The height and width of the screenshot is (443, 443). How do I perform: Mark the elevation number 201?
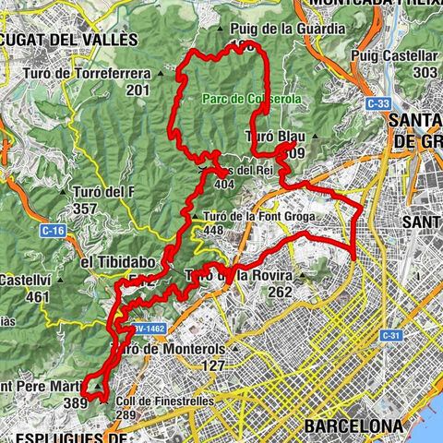[x=138, y=90]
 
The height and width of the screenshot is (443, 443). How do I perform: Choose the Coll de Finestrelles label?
[x=165, y=401]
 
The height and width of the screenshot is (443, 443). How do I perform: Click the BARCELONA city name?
[x=353, y=425]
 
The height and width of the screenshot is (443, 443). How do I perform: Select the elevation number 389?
[x=75, y=402]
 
